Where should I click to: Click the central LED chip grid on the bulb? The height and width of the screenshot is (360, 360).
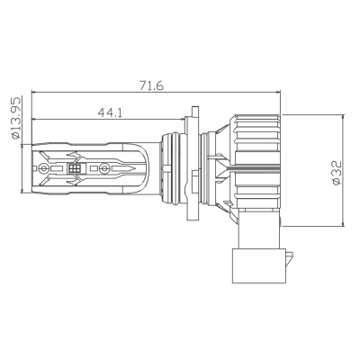click(x=76, y=167)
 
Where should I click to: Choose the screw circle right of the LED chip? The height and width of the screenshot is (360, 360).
click(x=103, y=167)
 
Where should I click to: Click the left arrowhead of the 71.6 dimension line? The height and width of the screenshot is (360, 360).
click(x=34, y=92)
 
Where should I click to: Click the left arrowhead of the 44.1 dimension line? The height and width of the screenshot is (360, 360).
click(x=34, y=119)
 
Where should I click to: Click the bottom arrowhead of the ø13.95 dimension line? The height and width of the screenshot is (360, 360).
click(x=24, y=191)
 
